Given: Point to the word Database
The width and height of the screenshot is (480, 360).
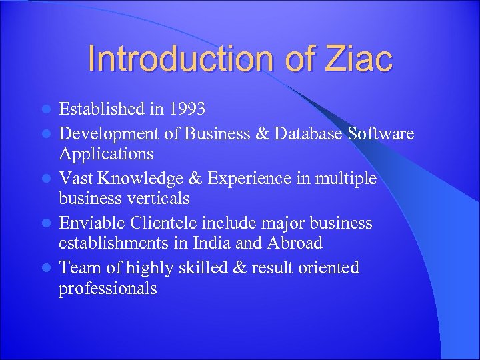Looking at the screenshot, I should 305,134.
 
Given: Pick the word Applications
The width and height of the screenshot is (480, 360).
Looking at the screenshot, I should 106,154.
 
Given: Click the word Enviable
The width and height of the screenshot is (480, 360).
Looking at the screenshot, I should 91,223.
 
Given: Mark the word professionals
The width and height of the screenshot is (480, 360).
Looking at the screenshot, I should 108,289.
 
